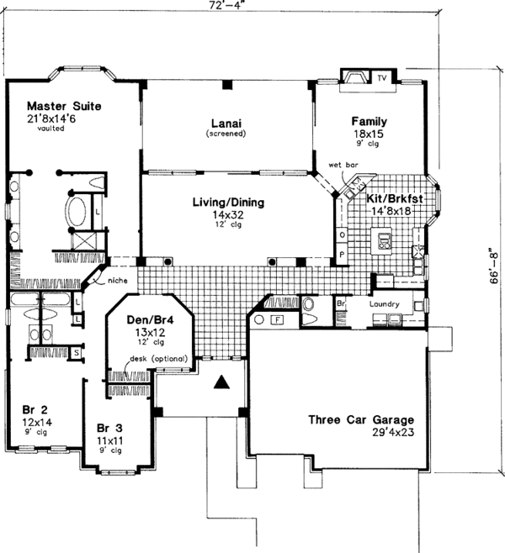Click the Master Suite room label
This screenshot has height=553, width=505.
tap(64, 107)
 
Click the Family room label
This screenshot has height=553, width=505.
tap(369, 123)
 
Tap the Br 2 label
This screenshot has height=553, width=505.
tap(35, 409)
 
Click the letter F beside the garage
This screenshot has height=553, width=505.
tap(279, 319)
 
